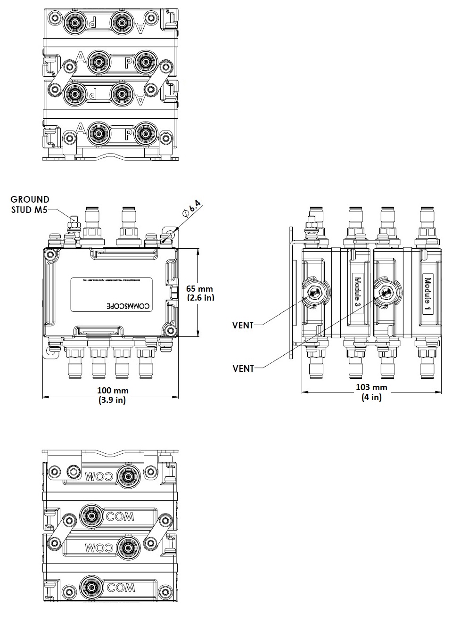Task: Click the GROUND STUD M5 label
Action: pos(30,204)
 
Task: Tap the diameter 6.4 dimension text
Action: pos(194,208)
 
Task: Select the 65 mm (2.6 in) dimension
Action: pos(200,293)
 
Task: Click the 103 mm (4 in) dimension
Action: pos(371,392)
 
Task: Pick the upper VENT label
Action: pos(243,325)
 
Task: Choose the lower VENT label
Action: pos(243,368)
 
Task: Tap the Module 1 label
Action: pos(427,295)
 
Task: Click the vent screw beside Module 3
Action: pos(385,293)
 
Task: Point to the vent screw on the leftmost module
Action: pos(313,294)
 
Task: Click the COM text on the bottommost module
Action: pos(121,588)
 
